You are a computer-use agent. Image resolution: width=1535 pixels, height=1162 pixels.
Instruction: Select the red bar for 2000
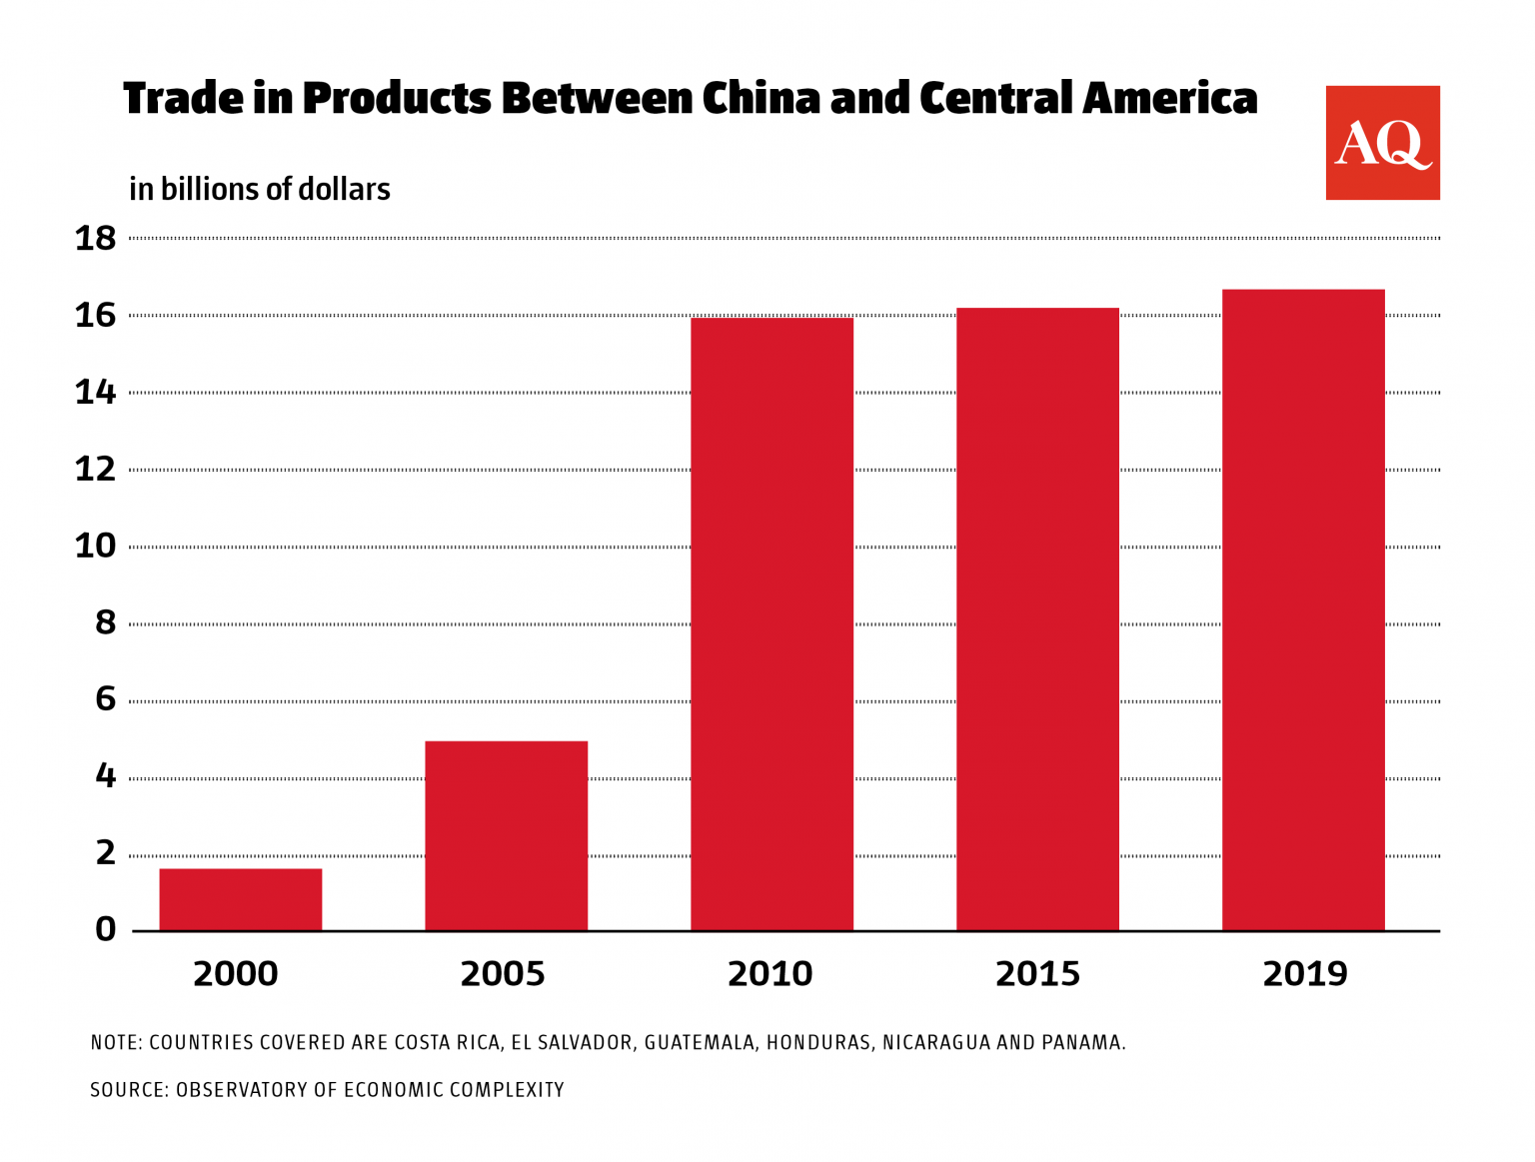click(x=241, y=899)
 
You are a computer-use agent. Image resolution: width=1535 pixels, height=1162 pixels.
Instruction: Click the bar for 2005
click(x=506, y=835)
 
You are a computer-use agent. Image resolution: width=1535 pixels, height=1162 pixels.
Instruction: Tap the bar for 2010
click(x=771, y=624)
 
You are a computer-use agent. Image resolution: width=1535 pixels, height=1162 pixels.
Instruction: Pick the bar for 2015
click(x=1037, y=619)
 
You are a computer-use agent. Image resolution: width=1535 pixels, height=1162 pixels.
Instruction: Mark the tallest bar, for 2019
click(x=1303, y=609)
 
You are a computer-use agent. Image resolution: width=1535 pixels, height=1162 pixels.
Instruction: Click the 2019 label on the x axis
click(x=1304, y=973)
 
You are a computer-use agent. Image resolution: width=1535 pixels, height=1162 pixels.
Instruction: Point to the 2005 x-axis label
click(x=503, y=973)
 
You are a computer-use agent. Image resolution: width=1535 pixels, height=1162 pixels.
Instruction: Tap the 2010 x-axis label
click(x=769, y=973)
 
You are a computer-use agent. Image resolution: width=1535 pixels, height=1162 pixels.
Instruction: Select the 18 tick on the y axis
click(x=96, y=239)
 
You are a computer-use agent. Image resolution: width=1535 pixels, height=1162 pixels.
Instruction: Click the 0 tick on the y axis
click(x=106, y=930)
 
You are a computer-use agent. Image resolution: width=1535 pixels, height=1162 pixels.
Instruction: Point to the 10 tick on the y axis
click(x=96, y=547)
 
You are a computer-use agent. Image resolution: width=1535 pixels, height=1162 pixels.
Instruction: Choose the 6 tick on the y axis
click(x=106, y=699)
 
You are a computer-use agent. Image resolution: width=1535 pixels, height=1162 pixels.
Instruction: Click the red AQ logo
click(x=1382, y=143)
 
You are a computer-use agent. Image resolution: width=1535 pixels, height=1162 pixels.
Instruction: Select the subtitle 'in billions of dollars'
click(x=260, y=189)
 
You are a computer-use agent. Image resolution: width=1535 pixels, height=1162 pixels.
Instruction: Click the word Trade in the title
click(x=183, y=99)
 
